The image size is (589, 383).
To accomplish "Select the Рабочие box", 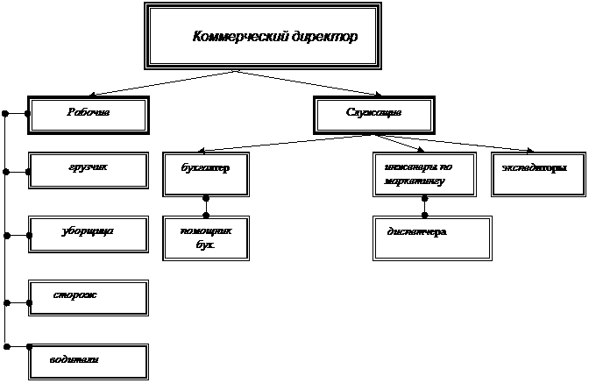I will (x=89, y=114).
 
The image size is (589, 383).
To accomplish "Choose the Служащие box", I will (x=373, y=114).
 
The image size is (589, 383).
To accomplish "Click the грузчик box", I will (x=89, y=170).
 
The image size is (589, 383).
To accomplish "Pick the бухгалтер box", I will (x=205, y=174).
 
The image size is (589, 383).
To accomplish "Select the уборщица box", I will (x=89, y=233).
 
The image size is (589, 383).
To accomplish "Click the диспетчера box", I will (x=431, y=238).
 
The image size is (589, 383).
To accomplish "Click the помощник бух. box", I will (x=205, y=238).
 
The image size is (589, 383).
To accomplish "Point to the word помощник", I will (x=205, y=231).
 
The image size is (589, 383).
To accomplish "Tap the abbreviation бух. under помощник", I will (x=205, y=247).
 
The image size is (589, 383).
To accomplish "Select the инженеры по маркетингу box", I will (x=424, y=174).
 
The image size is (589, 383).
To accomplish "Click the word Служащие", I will (x=373, y=113).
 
